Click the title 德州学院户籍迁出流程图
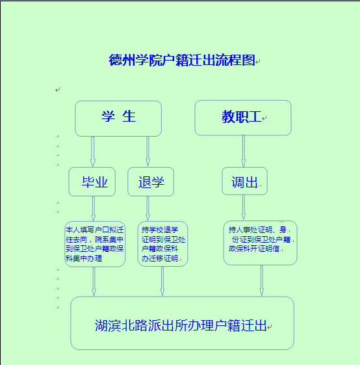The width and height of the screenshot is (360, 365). pos(182,60)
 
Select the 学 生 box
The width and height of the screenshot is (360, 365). pos(118,118)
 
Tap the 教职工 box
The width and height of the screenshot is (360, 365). pos(243,118)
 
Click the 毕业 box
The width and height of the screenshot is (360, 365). pos(92,182)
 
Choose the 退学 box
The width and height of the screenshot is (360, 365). pos(151,182)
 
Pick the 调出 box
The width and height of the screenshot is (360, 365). pos(244,181)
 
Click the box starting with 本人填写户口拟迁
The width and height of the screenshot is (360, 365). pos(95,244)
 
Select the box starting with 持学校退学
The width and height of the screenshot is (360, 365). pos(163,244)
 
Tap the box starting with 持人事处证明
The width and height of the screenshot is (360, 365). pos(260,243)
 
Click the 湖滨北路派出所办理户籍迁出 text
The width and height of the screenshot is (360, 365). pos(181,325)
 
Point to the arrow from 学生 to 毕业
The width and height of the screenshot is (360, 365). pos(93,152)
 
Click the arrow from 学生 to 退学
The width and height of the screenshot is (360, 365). pos(148,152)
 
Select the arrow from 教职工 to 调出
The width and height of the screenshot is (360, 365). pos(244,151)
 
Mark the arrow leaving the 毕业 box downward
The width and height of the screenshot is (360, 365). pos(94,209)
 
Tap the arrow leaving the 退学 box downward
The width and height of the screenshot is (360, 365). pos(148,209)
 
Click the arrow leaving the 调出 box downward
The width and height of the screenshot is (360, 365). pos(244,208)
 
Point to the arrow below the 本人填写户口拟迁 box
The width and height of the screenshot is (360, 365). pos(94,282)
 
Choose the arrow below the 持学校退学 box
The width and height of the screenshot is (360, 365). pos(162,282)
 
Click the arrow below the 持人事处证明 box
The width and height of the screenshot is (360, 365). pos(262,280)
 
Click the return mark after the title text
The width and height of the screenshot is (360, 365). pos(258,62)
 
